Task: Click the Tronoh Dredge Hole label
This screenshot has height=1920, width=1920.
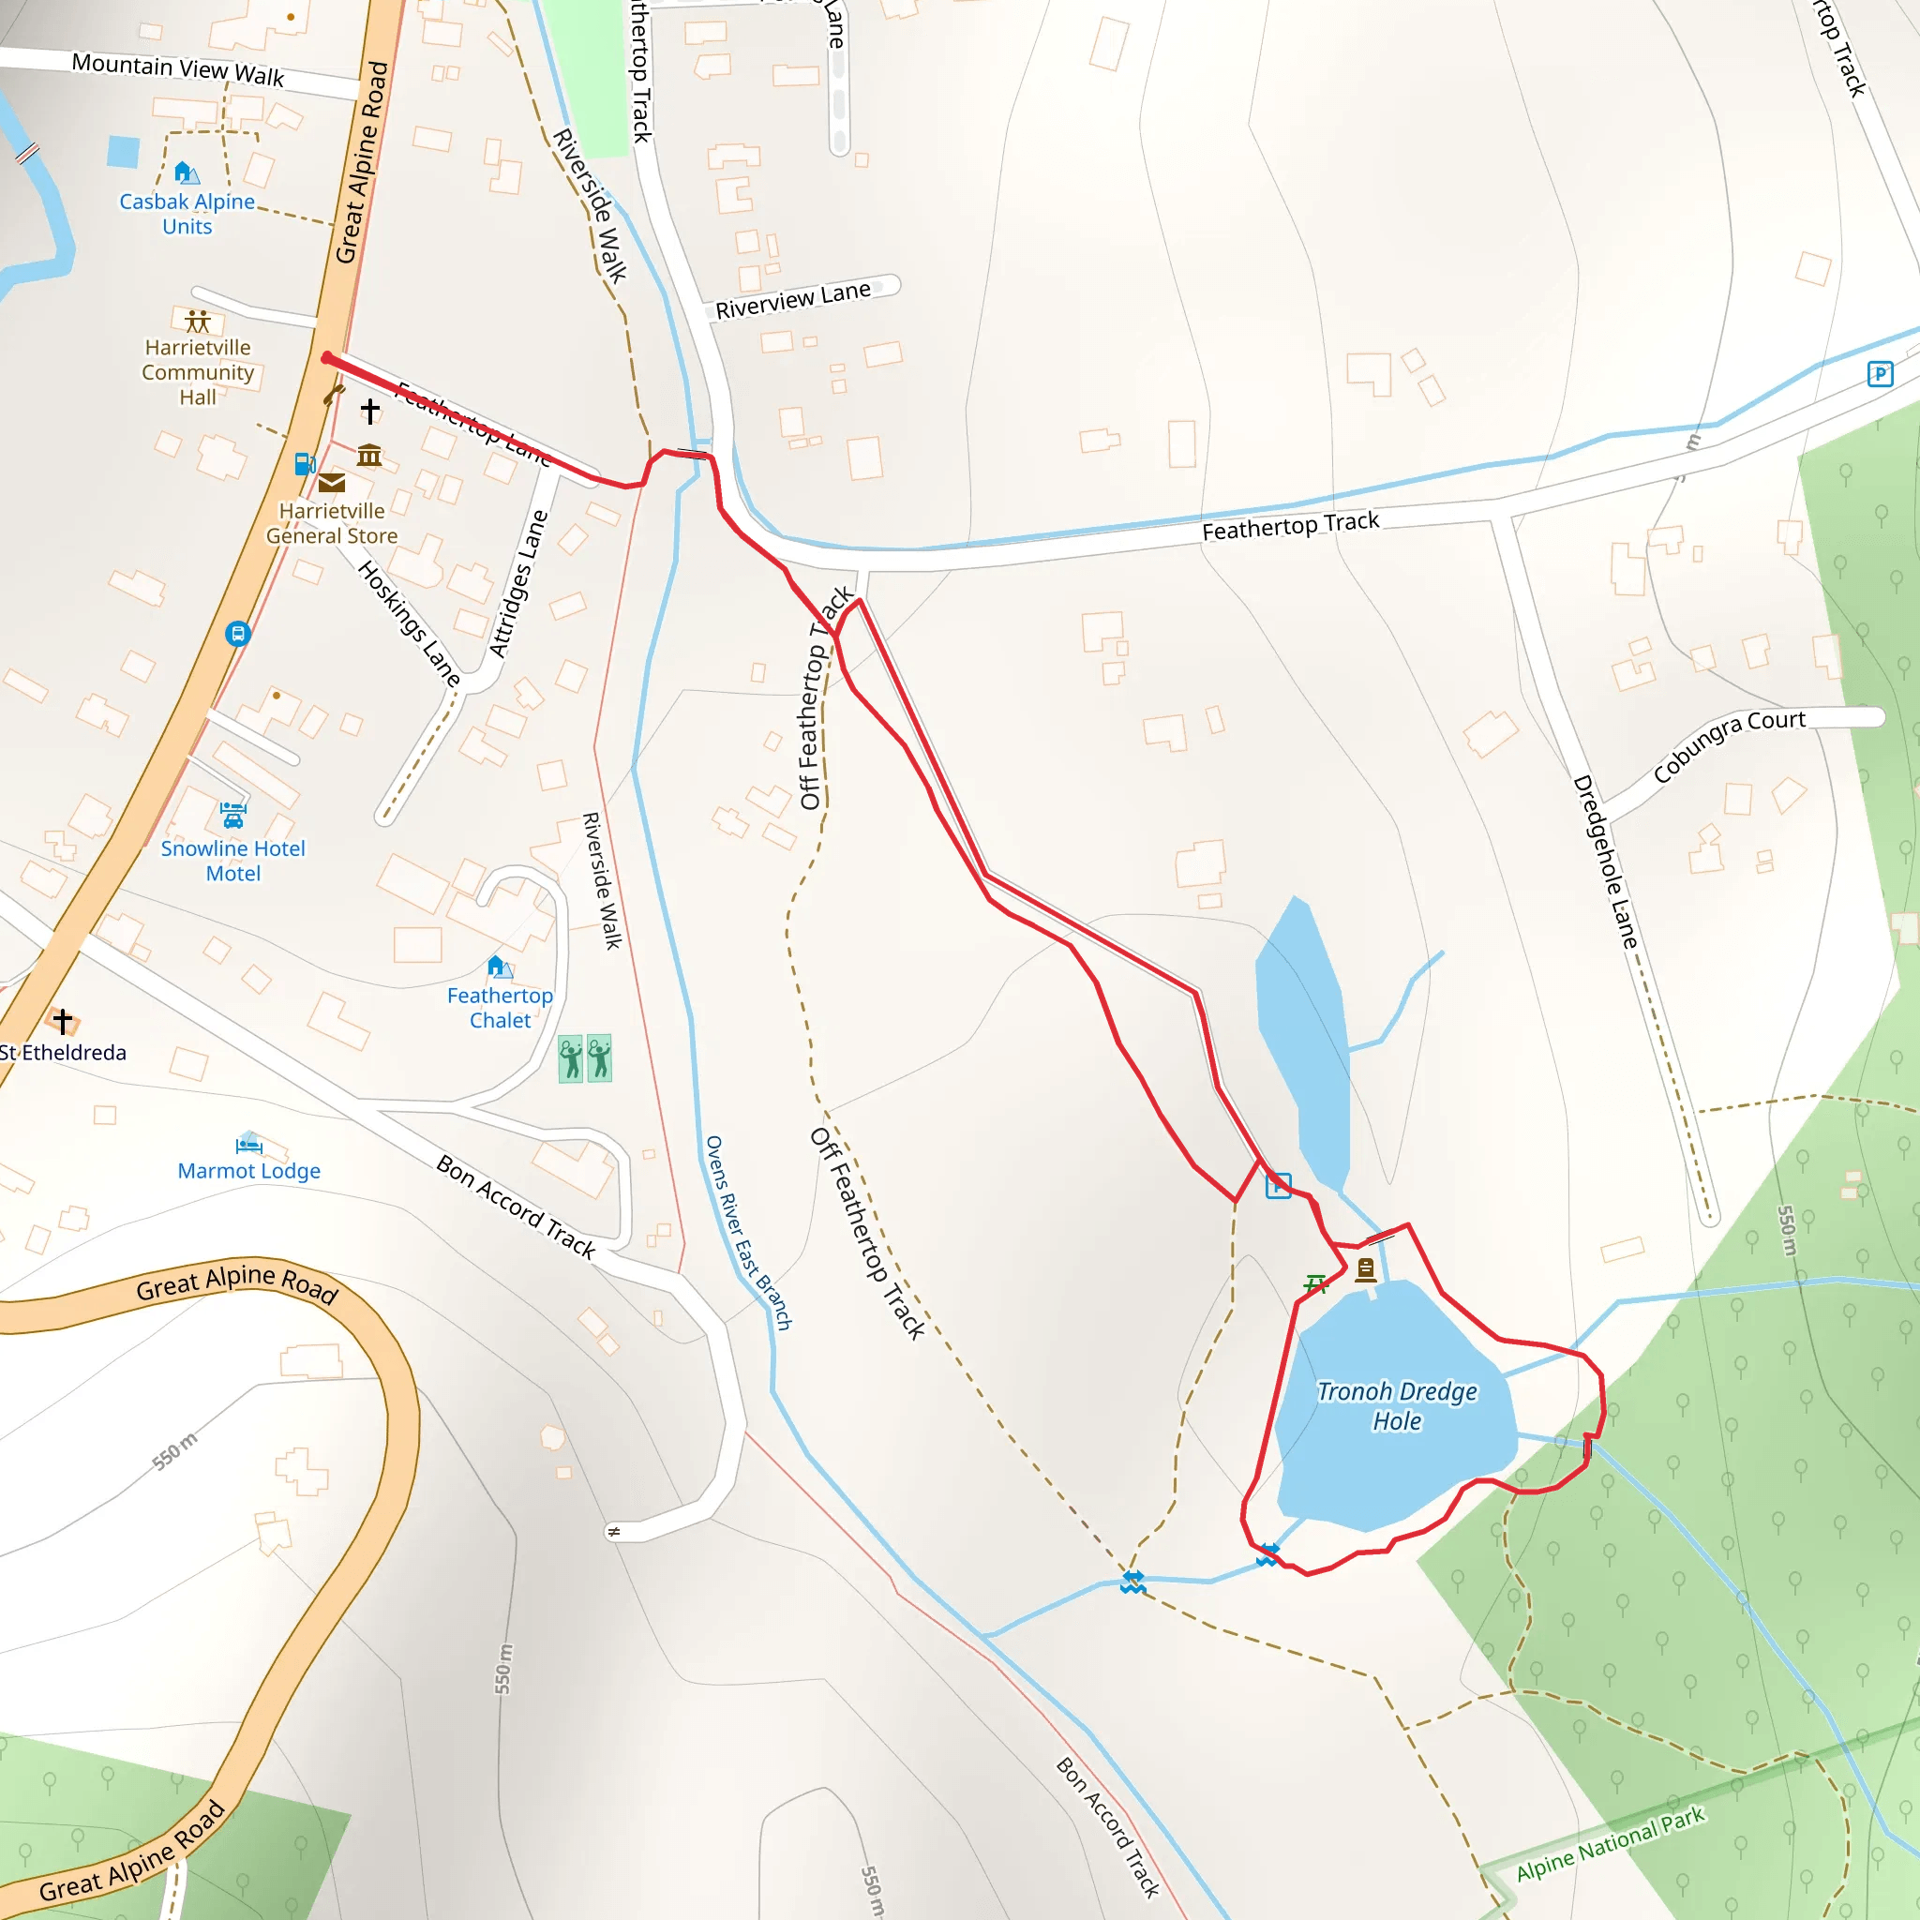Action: [1396, 1405]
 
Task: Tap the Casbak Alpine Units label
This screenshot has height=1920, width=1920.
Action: [187, 214]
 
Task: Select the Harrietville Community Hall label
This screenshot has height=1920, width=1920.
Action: [198, 371]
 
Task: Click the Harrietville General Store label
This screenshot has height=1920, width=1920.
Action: [332, 523]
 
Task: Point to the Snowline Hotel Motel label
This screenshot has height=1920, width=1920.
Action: [232, 861]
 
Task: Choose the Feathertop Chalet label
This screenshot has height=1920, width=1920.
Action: [500, 1007]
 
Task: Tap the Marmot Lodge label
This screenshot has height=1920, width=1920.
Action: [248, 1171]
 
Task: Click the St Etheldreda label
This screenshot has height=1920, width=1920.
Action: [64, 1053]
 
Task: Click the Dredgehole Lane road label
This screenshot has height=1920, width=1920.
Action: [1604, 861]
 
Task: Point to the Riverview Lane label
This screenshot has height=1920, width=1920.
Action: [793, 299]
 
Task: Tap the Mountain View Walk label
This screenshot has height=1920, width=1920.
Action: [178, 69]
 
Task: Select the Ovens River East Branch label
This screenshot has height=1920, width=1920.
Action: [747, 1232]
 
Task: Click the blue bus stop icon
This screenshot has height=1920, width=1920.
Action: [237, 633]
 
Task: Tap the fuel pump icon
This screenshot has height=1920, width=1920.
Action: [305, 464]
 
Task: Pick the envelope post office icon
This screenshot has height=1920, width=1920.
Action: [332, 483]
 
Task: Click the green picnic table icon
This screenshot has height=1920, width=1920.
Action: [1315, 1284]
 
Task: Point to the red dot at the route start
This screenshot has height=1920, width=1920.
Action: [327, 358]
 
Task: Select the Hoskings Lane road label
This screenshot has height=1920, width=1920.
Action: [409, 623]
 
